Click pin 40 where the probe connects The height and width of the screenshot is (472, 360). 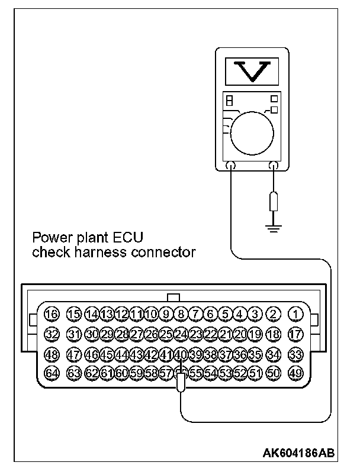(181, 354)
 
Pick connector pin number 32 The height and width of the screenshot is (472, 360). (52, 334)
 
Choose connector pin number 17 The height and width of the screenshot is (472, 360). (295, 334)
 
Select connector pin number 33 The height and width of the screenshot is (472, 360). (295, 354)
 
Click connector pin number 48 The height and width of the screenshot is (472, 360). (52, 354)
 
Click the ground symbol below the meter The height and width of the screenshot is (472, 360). (273, 227)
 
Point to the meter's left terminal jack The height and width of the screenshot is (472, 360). (231, 167)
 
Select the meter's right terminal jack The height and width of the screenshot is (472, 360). (273, 167)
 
